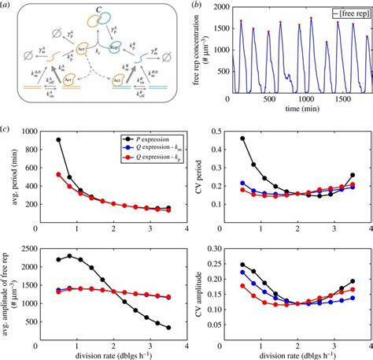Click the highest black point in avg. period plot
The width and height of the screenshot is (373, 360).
coord(59,139)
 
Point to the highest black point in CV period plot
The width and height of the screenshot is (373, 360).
coord(241,139)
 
